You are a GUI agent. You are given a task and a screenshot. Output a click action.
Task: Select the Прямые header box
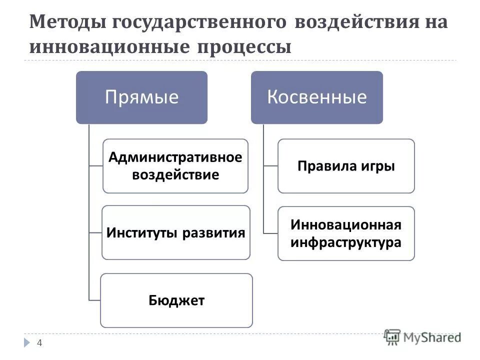(141, 97)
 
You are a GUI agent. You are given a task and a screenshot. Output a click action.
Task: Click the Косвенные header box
(316, 97)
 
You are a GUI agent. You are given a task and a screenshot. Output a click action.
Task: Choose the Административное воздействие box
(175, 166)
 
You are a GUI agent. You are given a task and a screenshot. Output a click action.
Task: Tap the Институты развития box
(175, 232)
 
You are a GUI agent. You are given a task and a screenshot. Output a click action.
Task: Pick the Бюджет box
(176, 300)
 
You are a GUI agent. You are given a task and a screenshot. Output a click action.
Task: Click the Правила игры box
(346, 166)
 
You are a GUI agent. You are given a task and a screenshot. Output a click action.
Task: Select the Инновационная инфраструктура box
(346, 233)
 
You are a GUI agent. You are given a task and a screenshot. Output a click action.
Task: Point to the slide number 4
(39, 342)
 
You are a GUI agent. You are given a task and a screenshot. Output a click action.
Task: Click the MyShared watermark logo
(422, 337)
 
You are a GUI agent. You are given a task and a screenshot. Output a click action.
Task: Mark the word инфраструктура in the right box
(346, 242)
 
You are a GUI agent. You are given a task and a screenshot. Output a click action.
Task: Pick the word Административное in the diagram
(175, 157)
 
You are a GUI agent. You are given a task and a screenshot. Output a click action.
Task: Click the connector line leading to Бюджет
(94, 300)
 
